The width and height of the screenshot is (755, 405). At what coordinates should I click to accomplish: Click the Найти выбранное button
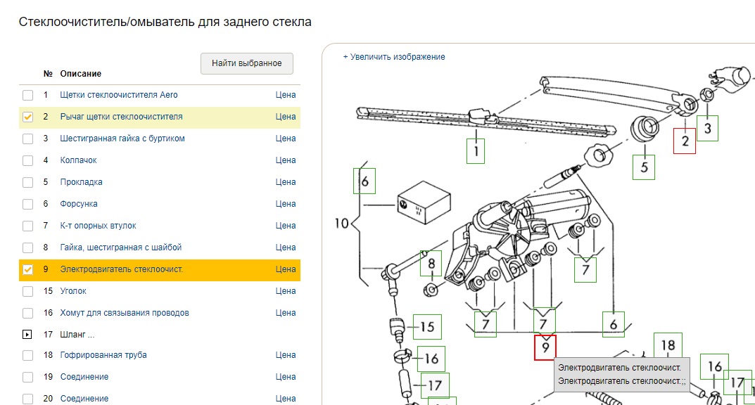tap(247, 63)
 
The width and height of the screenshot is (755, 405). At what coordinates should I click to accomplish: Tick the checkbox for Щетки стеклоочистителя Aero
tap(27, 95)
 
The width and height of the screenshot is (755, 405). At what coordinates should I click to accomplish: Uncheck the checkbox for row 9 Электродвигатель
tap(27, 269)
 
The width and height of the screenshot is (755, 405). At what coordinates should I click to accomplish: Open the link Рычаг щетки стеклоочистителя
tap(121, 117)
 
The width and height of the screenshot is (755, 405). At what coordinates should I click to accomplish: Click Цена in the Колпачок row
tap(286, 160)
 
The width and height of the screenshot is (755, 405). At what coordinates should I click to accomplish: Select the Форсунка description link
tap(79, 204)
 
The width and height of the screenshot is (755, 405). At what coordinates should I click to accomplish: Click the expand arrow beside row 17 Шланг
tap(27, 335)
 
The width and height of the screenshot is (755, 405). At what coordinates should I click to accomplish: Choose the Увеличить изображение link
tap(394, 57)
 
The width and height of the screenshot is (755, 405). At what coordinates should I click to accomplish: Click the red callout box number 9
tap(545, 347)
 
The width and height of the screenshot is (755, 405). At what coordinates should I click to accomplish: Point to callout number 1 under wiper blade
tap(476, 150)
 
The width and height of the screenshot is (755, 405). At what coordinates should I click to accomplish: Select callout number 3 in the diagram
tap(708, 128)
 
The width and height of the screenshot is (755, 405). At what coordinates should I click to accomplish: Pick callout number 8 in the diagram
tap(431, 264)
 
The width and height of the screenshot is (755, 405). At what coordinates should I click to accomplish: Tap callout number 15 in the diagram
tap(427, 327)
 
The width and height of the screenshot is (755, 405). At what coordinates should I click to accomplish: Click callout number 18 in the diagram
tap(668, 345)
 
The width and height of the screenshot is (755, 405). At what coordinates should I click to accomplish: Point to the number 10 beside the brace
tap(342, 224)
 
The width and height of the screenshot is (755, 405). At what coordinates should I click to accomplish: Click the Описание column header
tap(80, 74)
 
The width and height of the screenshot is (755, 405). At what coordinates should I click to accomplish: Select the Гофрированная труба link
tap(103, 355)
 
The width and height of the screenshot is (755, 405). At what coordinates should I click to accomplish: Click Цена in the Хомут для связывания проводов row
tap(286, 313)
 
